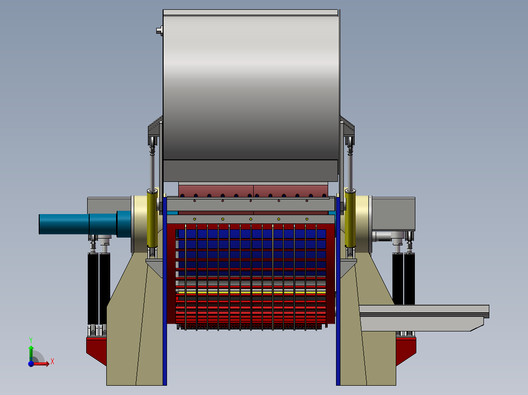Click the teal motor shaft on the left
85,224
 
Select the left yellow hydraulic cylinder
152,219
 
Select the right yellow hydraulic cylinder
350,219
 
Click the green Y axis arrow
31,351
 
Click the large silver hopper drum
251,85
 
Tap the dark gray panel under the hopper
251,171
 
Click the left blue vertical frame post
165,291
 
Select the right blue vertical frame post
338,291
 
